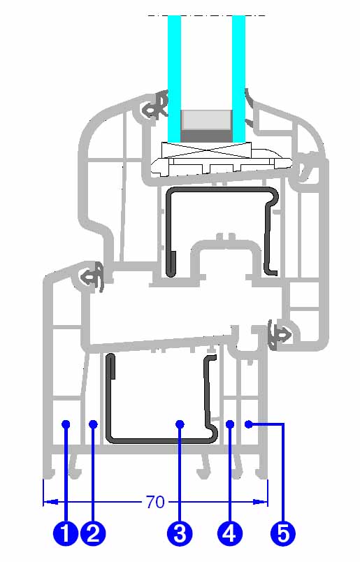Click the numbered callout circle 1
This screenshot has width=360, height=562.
coord(66,533)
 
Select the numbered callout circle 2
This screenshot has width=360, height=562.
coord(93,533)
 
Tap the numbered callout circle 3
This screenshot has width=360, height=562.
coord(180,533)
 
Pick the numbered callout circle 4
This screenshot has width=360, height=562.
coord(230,533)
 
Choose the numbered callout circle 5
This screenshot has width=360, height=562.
coord(283,533)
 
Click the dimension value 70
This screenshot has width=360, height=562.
coord(155,502)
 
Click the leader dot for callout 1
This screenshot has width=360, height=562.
coord(66,424)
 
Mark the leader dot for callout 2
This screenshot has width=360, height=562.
coord(93,424)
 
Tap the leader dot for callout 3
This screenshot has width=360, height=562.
coord(180,424)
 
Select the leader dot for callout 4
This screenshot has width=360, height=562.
coord(230,424)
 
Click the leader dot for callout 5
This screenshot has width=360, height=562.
coord(248,424)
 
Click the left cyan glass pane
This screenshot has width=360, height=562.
coord(174,78)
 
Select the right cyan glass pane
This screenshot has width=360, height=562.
coord(239,78)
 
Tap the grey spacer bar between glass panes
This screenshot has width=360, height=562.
coord(206,125)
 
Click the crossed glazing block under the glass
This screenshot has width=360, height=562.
coord(206,150)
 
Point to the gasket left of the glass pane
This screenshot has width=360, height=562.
coord(156,105)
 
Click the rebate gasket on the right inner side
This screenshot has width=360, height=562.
coord(280,335)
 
